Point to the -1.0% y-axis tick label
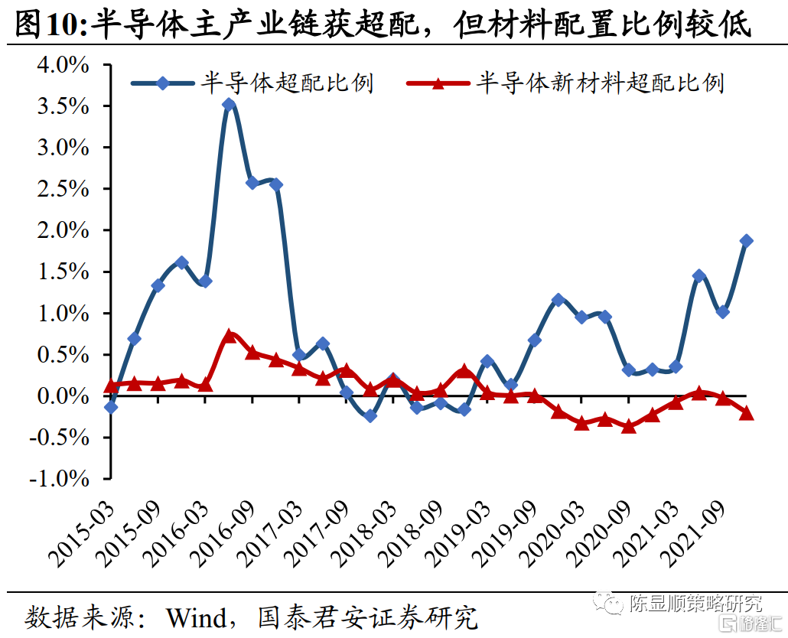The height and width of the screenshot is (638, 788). [x=60, y=479]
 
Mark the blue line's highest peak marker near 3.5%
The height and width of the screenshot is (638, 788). [x=229, y=104]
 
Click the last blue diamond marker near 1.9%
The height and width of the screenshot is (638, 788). [x=746, y=241]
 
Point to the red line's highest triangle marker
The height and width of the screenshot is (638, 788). [x=229, y=336]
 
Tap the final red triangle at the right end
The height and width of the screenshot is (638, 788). [x=746, y=414]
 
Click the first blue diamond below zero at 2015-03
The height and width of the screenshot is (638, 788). [x=111, y=407]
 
